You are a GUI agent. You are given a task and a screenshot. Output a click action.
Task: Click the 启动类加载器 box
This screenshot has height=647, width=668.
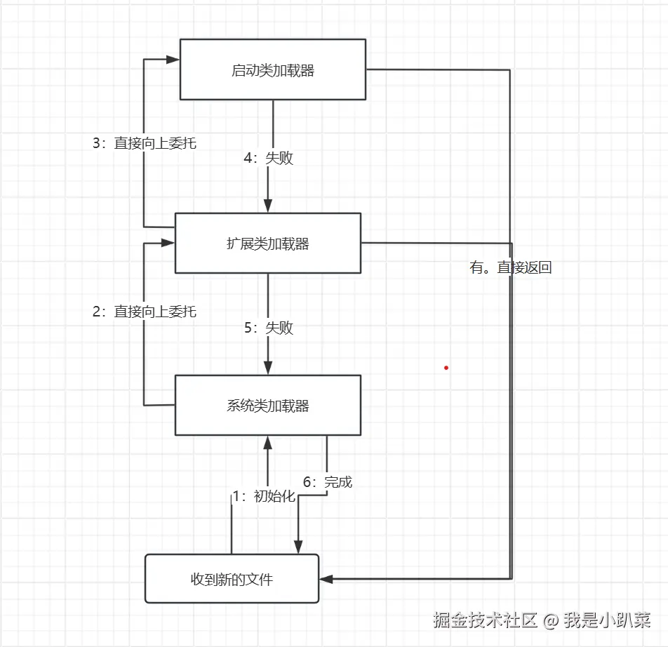click(273, 69)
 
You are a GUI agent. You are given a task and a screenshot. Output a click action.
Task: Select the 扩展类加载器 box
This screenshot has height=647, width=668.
click(267, 243)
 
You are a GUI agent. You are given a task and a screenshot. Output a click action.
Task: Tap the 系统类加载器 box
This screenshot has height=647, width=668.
click(267, 405)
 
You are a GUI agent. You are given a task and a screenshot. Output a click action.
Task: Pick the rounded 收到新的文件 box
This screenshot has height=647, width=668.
click(232, 579)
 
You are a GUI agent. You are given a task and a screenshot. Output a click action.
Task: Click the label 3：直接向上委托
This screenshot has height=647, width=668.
click(145, 143)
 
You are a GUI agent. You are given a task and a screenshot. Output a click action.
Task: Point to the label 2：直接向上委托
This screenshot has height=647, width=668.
click(145, 312)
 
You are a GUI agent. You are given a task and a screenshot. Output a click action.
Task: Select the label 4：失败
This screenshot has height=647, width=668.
click(269, 158)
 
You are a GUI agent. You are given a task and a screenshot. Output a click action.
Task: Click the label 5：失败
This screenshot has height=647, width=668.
click(269, 328)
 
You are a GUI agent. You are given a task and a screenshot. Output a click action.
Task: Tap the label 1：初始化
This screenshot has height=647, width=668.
click(264, 496)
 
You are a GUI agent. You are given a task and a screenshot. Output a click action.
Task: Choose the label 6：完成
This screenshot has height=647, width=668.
click(328, 482)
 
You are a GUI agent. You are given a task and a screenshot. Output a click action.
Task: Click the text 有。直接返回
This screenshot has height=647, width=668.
click(511, 267)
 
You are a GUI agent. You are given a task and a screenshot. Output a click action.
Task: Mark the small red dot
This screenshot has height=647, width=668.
click(446, 367)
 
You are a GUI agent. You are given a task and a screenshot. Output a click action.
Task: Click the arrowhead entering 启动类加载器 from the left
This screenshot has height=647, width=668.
click(173, 60)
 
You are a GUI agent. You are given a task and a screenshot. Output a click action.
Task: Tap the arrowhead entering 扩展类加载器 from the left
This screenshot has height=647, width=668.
click(168, 243)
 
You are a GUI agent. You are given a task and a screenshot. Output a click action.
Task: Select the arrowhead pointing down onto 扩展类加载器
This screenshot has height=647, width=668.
click(267, 206)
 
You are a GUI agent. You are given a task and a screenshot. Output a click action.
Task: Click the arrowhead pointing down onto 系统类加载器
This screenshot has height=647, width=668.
click(267, 368)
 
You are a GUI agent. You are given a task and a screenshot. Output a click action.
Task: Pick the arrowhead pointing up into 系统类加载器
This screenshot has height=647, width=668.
click(267, 442)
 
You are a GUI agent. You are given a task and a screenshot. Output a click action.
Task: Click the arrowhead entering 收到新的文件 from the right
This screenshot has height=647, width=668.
click(326, 579)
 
